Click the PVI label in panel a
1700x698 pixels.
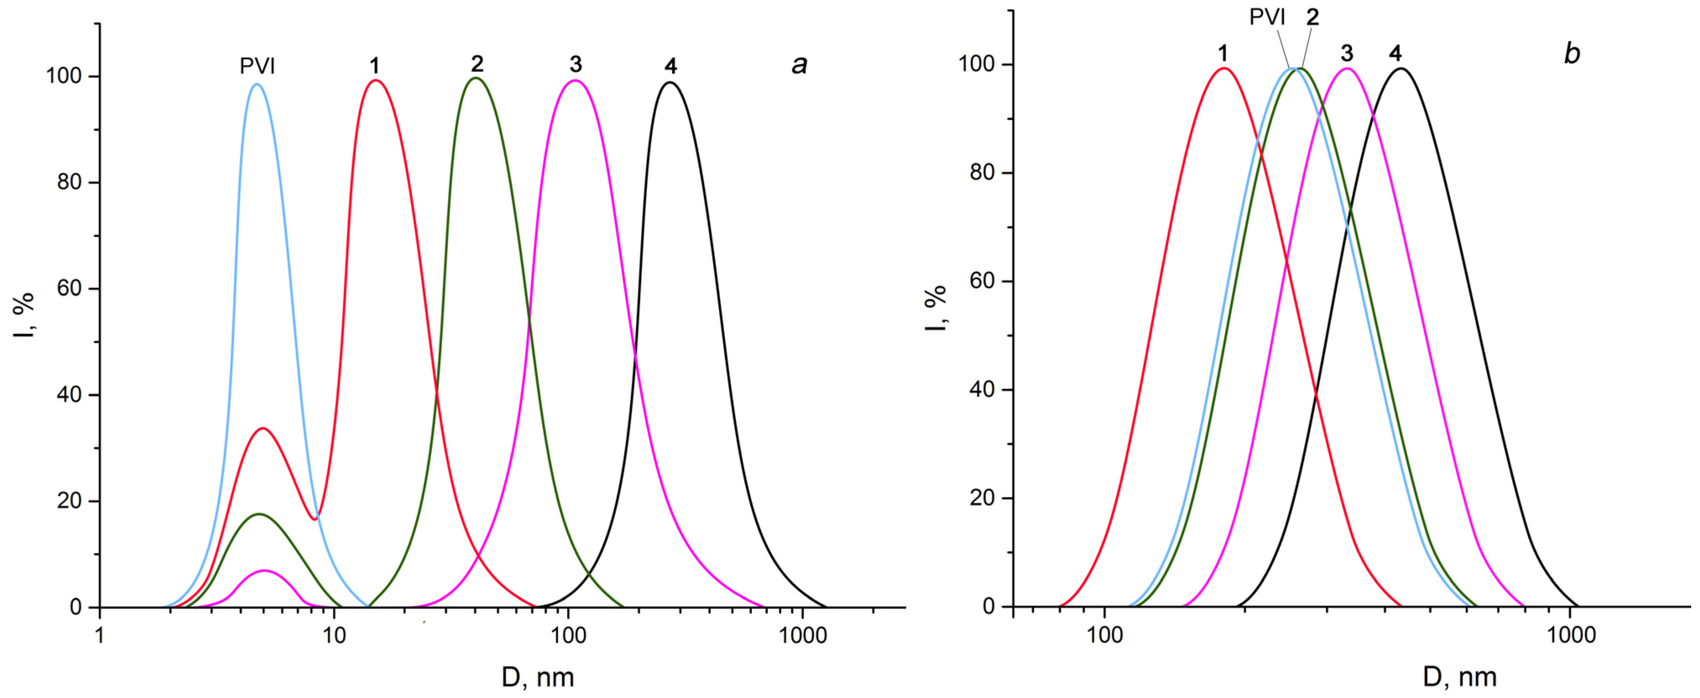click(257, 66)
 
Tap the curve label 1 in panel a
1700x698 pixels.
click(374, 66)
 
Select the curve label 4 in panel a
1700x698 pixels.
click(670, 66)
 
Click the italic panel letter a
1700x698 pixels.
click(799, 65)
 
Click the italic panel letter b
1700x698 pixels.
click(1572, 53)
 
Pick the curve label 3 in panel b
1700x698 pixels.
click(1347, 53)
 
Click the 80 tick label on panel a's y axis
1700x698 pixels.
click(69, 182)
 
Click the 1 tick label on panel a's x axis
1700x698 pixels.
click(100, 635)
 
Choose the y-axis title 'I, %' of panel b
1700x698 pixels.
click(935, 308)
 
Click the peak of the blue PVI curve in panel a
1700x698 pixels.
click(257, 84)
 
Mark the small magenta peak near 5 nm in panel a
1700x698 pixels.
click(265, 570)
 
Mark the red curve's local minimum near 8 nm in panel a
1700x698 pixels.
click(315, 519)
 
